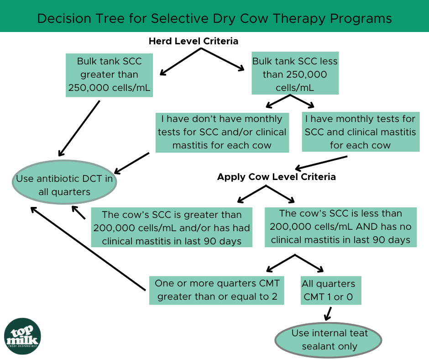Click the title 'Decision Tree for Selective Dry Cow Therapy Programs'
click(x=214, y=18)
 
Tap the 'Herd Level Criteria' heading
click(x=194, y=41)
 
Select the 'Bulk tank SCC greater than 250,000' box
click(x=109, y=75)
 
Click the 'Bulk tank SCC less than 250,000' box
click(x=295, y=74)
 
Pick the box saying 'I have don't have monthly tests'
click(x=222, y=132)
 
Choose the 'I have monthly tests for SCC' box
click(x=360, y=132)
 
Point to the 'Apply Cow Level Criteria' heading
click(x=277, y=177)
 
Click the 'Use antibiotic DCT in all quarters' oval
click(x=64, y=185)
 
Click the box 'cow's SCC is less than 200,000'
click(x=340, y=227)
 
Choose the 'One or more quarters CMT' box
click(x=217, y=290)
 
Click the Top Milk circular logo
click(x=22, y=336)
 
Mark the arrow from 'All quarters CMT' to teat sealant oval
click(x=328, y=314)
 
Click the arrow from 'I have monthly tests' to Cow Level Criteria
click(x=321, y=163)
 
